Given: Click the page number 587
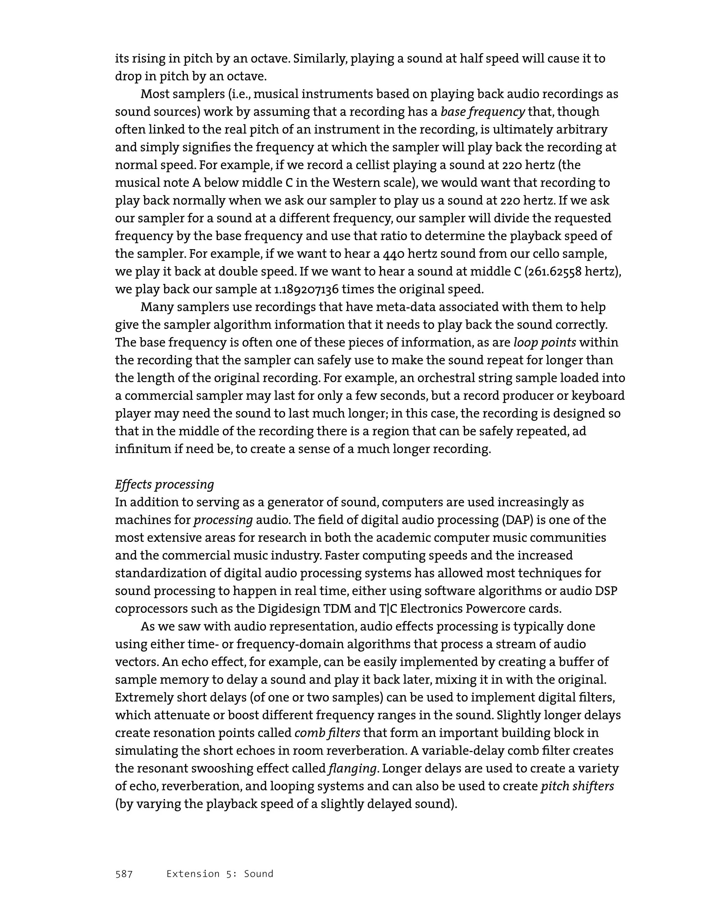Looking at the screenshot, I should pyautogui.click(x=124, y=874).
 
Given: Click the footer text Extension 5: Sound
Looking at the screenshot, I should pyautogui.click(x=220, y=874).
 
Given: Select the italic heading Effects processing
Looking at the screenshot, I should pyautogui.click(x=164, y=484).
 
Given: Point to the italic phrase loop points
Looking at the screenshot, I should pyautogui.click(x=544, y=342).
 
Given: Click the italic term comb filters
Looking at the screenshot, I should pyautogui.click(x=327, y=733).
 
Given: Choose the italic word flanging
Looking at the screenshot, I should pyautogui.click(x=352, y=768).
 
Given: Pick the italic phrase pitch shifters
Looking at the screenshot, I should pyautogui.click(x=577, y=786).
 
